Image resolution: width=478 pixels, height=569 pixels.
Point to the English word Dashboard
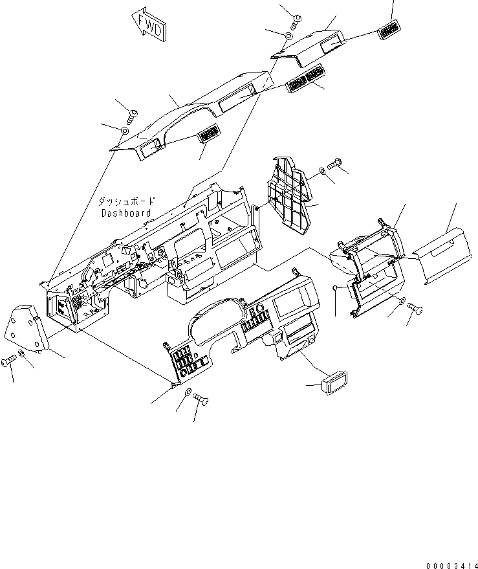pos(125,213)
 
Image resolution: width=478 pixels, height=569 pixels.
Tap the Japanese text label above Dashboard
pos(125,202)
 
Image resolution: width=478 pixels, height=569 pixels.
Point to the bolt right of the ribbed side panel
pos(336,165)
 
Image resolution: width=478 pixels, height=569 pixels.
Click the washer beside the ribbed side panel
pos(322,172)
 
